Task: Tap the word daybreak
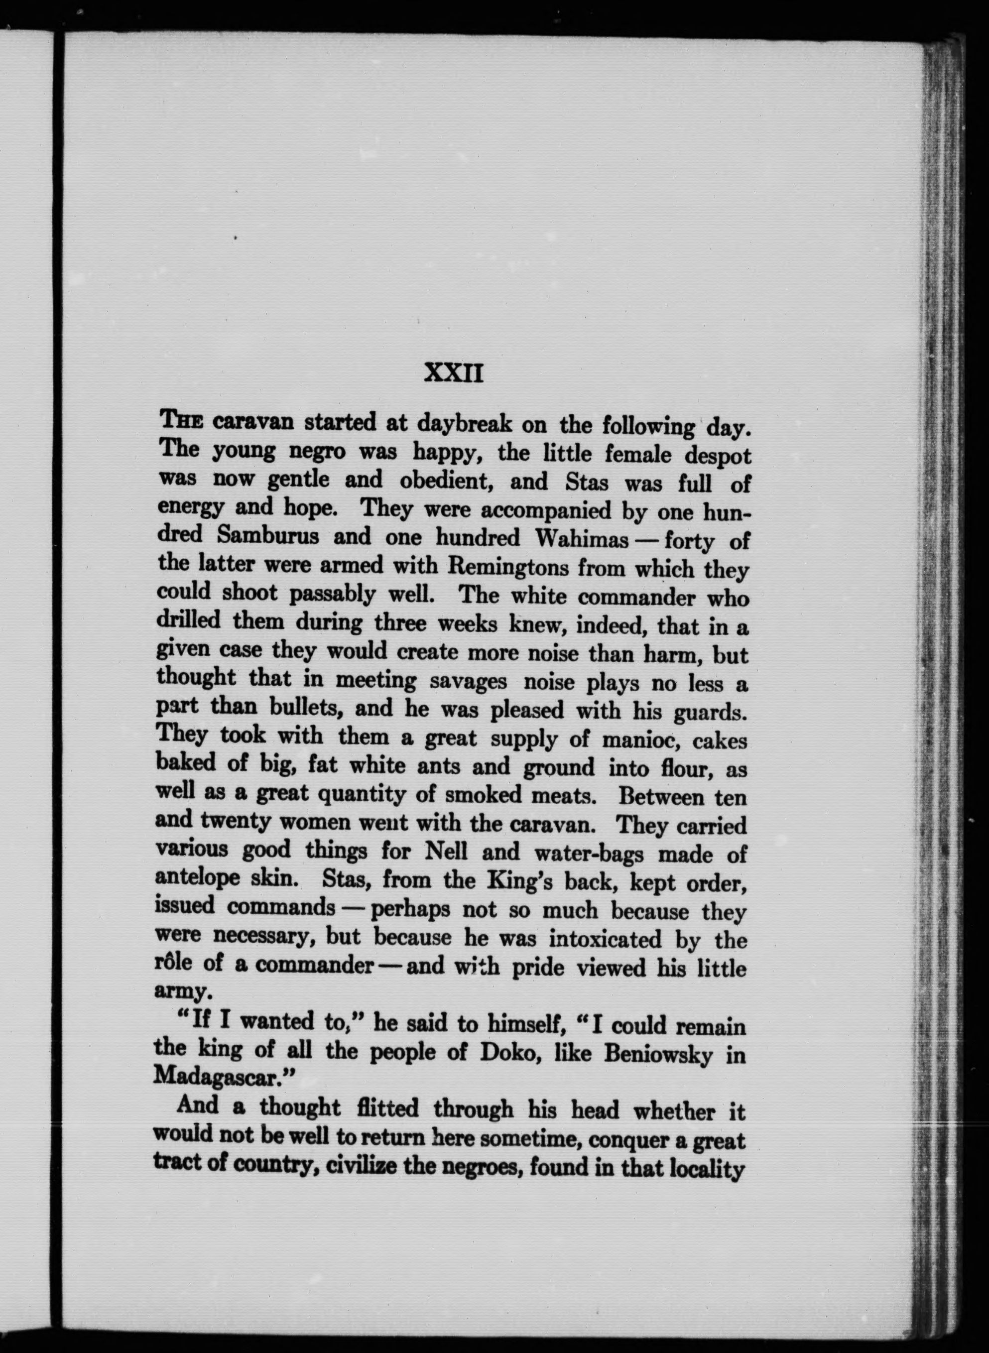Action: click(x=464, y=424)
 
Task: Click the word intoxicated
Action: click(x=605, y=939)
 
